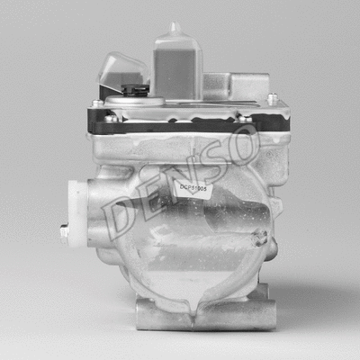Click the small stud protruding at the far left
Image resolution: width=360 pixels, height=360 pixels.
64,232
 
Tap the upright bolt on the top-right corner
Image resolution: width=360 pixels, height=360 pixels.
272,98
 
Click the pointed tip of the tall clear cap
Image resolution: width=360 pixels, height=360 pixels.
175,27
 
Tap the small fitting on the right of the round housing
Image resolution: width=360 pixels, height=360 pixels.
260,238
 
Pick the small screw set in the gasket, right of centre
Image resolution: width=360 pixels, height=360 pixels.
244,117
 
